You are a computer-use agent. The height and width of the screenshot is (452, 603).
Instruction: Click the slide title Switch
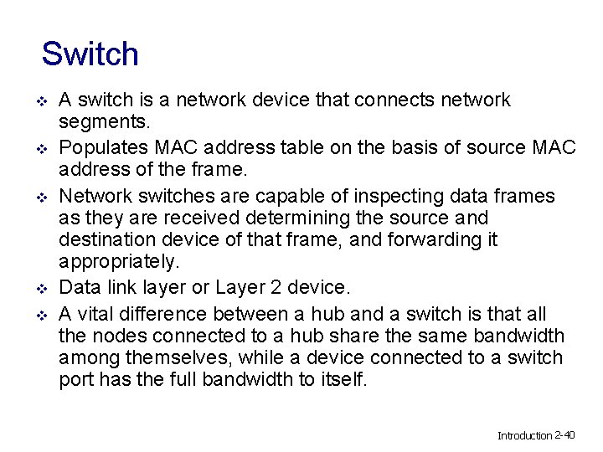[x=90, y=54]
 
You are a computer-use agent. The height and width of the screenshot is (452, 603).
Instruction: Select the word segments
[x=104, y=123]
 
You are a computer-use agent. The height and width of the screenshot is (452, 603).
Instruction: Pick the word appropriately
[x=119, y=262]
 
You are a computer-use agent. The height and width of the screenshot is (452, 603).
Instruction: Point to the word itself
[x=343, y=380]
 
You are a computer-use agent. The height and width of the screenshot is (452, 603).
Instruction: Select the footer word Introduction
[x=525, y=435]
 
